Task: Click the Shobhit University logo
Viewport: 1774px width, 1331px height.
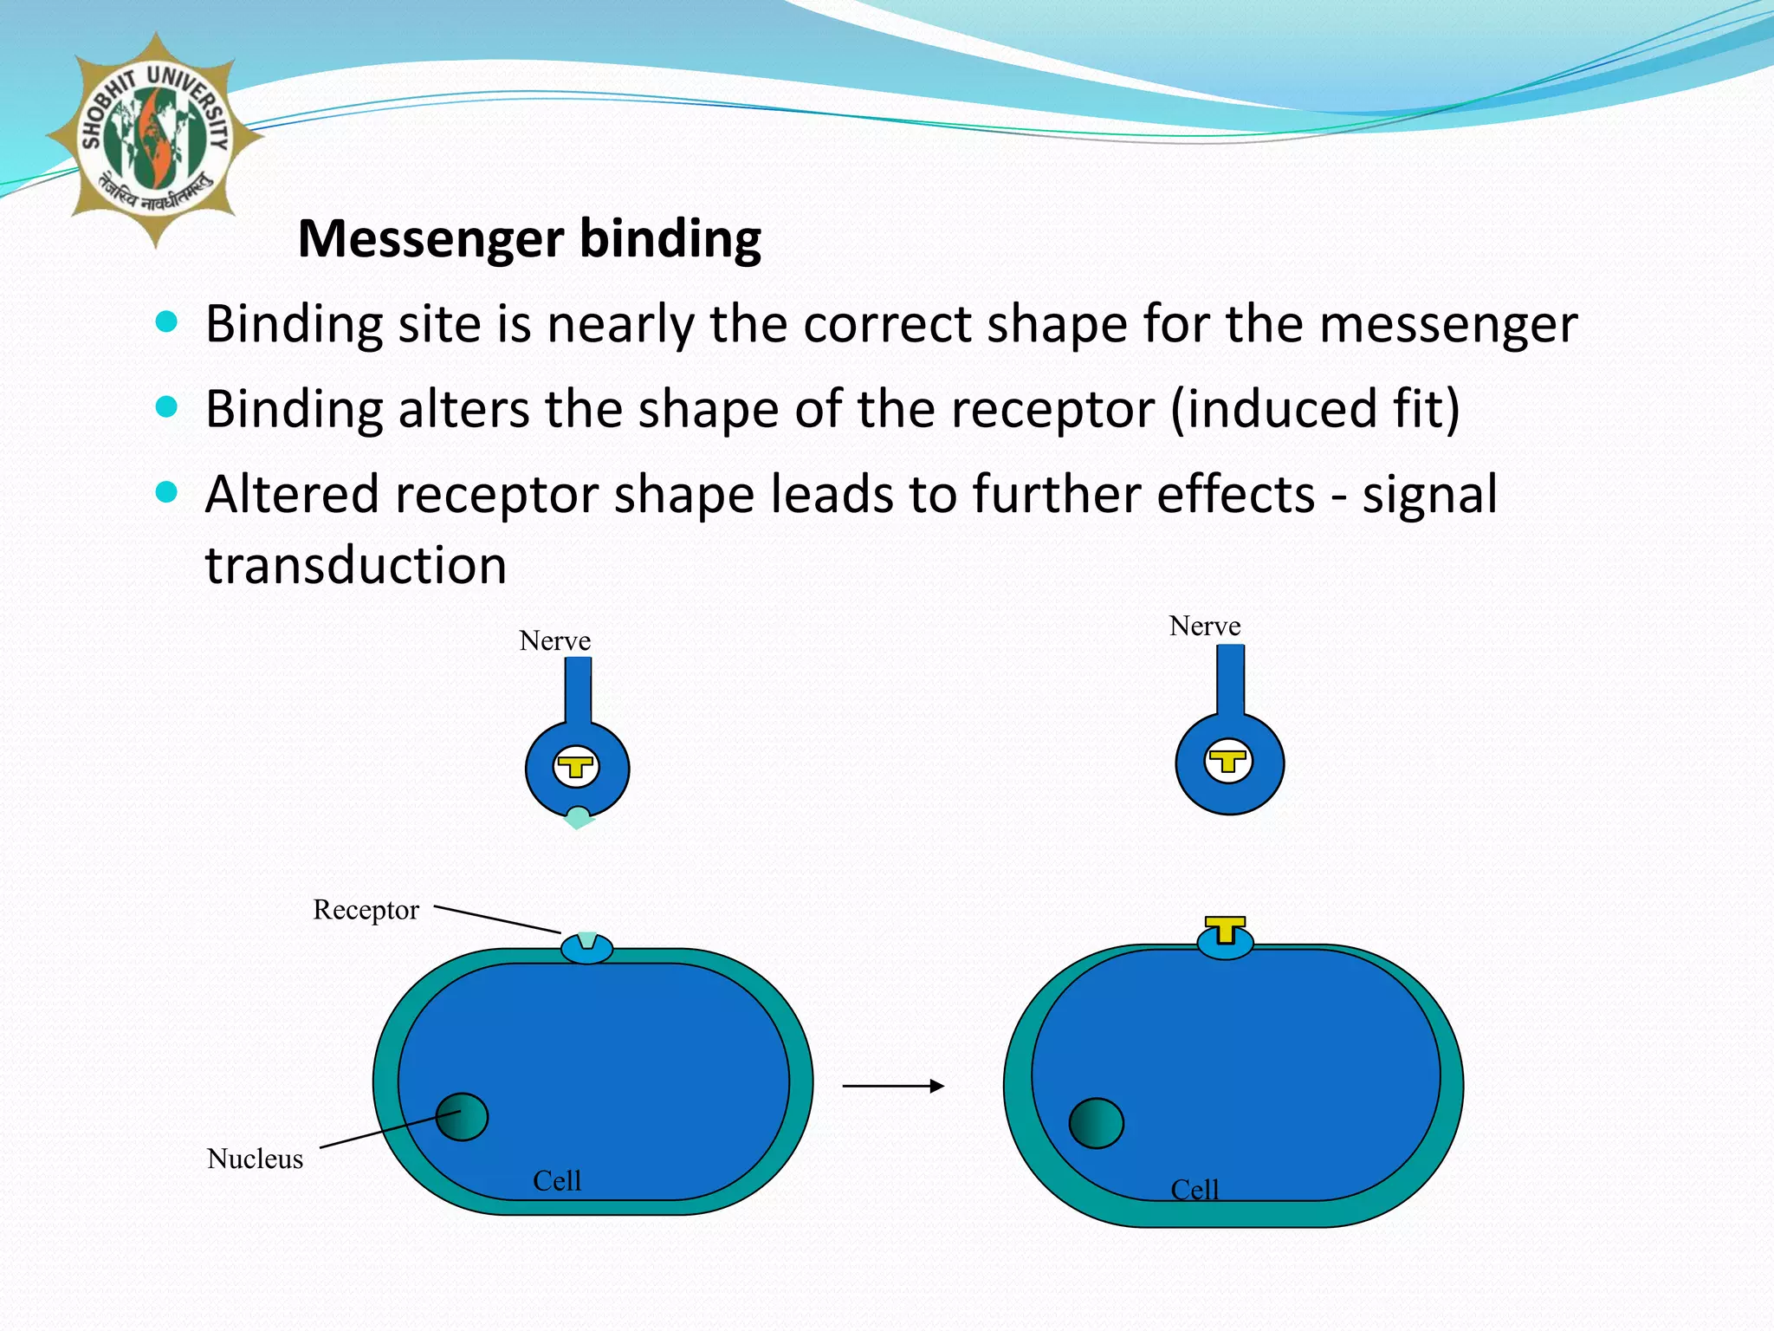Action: [x=154, y=139]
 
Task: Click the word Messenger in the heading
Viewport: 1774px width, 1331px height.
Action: [x=431, y=238]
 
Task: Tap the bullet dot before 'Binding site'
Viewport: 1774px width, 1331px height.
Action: [x=166, y=322]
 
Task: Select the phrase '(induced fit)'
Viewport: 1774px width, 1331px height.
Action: [x=1315, y=409]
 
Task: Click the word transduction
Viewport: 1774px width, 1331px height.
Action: [x=355, y=566]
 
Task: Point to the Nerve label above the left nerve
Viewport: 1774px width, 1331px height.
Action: [x=554, y=641]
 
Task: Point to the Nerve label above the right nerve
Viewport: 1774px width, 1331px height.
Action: [x=1204, y=627]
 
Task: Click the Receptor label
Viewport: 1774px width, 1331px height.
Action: [x=366, y=910]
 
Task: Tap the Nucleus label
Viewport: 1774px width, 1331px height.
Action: [x=255, y=1159]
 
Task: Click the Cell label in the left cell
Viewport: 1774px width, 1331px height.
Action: [x=556, y=1181]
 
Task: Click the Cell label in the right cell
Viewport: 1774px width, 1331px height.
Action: [x=1195, y=1190]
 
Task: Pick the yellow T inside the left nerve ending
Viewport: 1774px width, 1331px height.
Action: [x=576, y=768]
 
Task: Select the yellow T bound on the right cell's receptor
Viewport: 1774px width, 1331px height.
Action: [x=1225, y=930]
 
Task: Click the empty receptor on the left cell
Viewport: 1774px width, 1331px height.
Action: [x=587, y=947]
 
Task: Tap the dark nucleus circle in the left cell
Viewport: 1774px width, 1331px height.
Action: [x=462, y=1117]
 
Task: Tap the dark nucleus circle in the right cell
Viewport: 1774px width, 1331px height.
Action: [x=1096, y=1123]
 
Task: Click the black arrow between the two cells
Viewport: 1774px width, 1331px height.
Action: [x=893, y=1086]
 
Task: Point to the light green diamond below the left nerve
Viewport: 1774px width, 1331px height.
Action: [x=578, y=819]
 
